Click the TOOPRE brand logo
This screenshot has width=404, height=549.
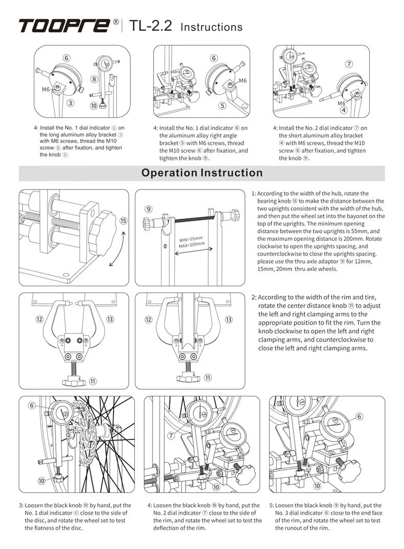pyautogui.click(x=64, y=26)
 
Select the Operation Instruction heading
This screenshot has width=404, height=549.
pyautogui.click(x=202, y=173)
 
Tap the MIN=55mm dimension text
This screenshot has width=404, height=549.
pyautogui.click(x=191, y=239)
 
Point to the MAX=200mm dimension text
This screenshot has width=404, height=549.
pyautogui.click(x=192, y=244)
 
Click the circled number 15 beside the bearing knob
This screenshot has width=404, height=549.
pyautogui.click(x=123, y=221)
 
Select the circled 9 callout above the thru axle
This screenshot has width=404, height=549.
pyautogui.click(x=148, y=208)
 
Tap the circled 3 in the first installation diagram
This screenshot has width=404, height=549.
pyautogui.click(x=71, y=102)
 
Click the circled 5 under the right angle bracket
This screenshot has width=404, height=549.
pyautogui.click(x=222, y=106)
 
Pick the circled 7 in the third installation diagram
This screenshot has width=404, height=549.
pyautogui.click(x=349, y=64)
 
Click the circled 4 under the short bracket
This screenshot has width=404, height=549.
pyautogui.click(x=344, y=110)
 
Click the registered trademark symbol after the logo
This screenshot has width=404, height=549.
pyautogui.click(x=116, y=23)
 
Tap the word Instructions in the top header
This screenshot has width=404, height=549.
pyautogui.click(x=212, y=27)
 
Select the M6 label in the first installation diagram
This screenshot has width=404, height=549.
pyautogui.click(x=46, y=89)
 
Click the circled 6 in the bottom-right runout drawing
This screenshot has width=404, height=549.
pyautogui.click(x=360, y=416)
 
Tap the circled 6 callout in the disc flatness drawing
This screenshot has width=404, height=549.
pyautogui.click(x=32, y=405)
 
